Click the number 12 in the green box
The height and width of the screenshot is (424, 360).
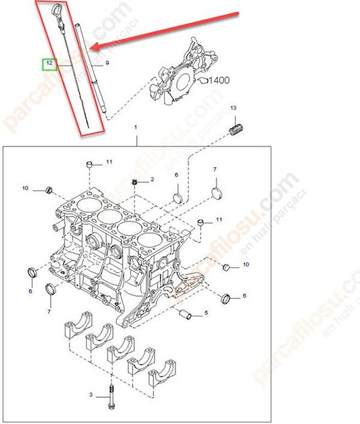pyautogui.click(x=49, y=63)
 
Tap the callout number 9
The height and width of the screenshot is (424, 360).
pyautogui.click(x=107, y=63)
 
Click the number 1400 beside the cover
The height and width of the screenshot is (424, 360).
pyautogui.click(x=219, y=81)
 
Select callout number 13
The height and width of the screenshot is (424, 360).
pyautogui.click(x=233, y=108)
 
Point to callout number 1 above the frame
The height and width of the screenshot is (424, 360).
pyautogui.click(x=135, y=127)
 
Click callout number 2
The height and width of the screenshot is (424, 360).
pyautogui.click(x=152, y=179)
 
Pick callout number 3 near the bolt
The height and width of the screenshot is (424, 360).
pyautogui.click(x=91, y=394)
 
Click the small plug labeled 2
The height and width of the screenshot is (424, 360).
pyautogui.click(x=135, y=182)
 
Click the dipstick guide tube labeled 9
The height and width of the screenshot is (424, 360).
pyautogui.click(x=91, y=68)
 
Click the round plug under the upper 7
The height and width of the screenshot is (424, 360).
pyautogui.click(x=217, y=193)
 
